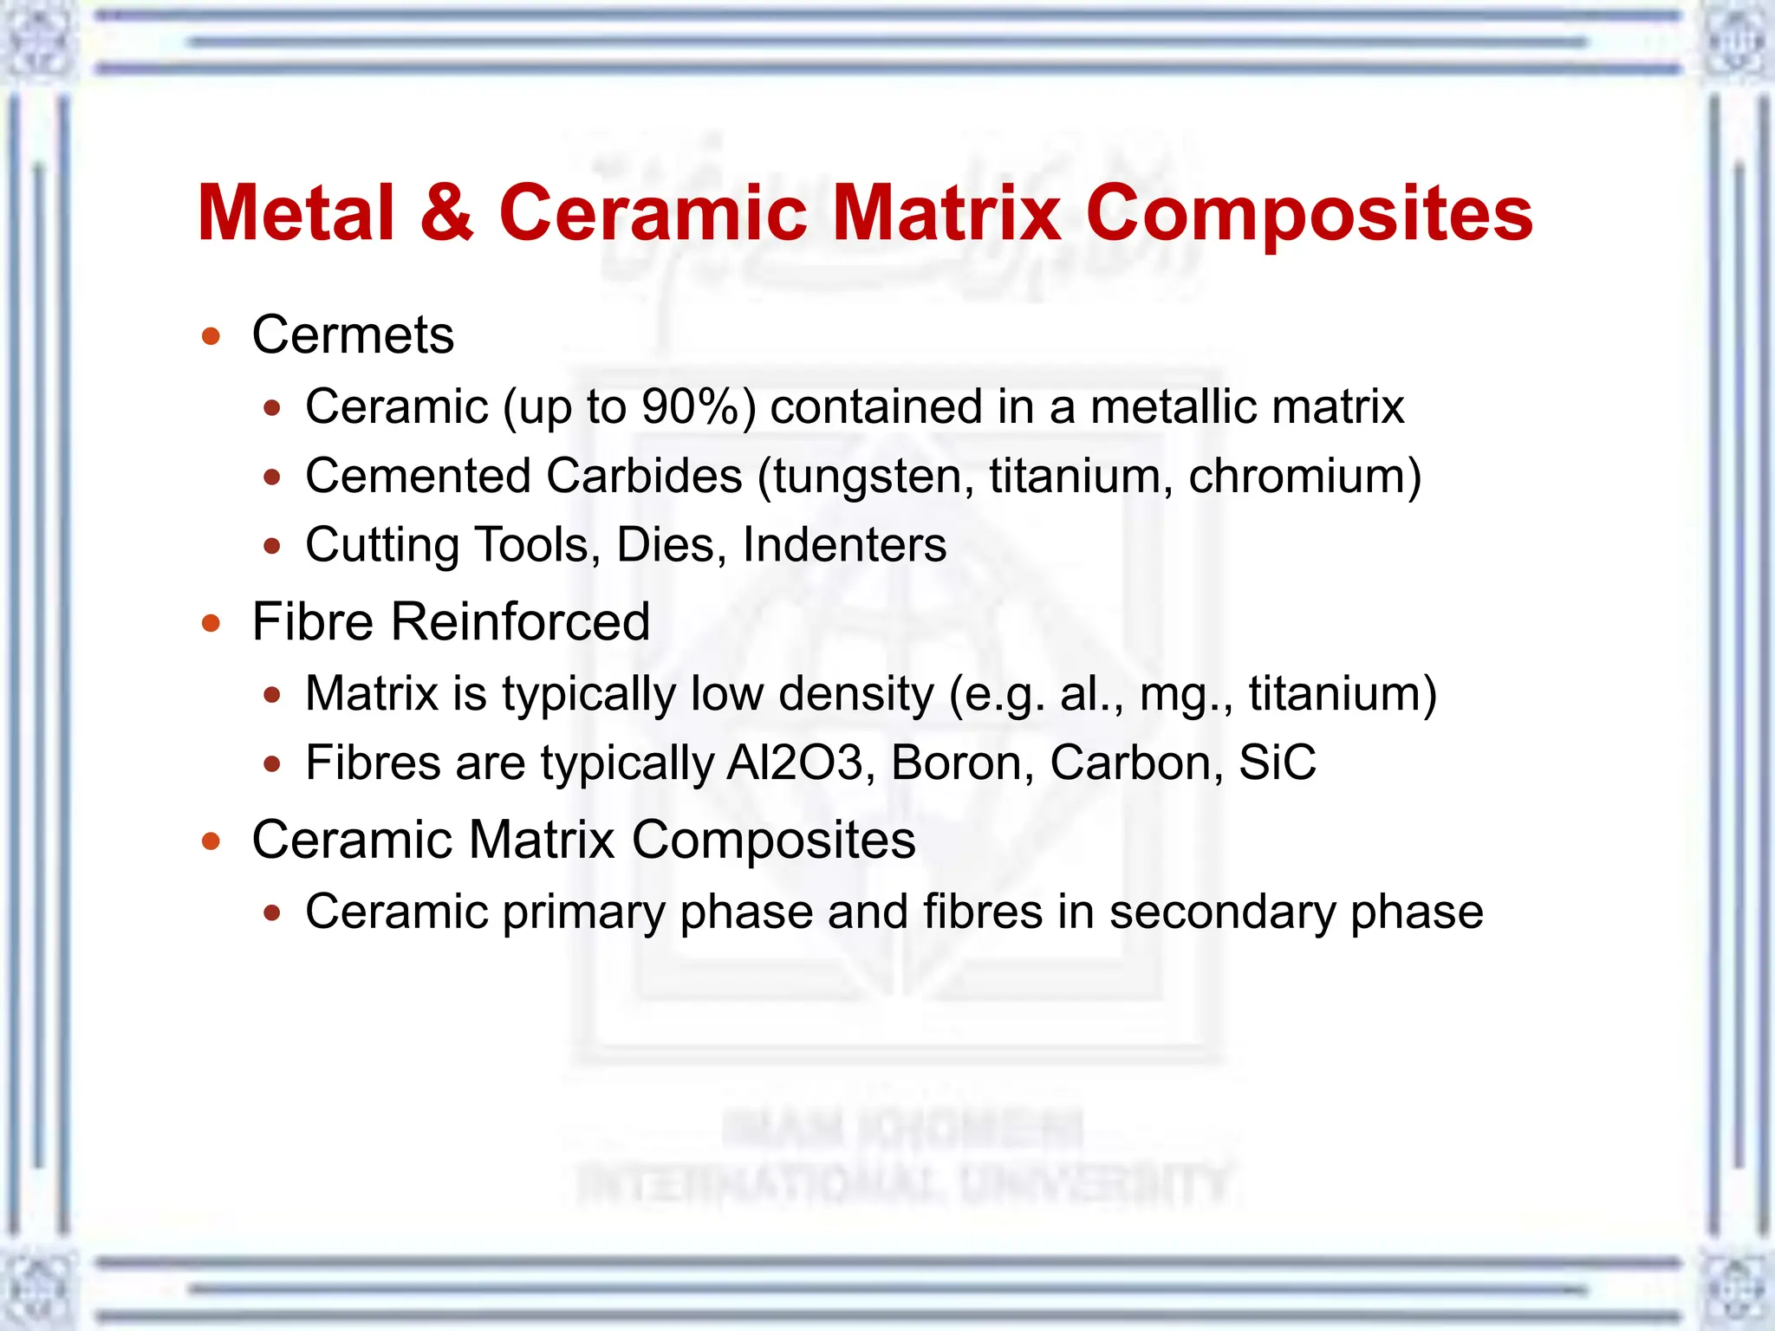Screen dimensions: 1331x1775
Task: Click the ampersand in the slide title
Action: (x=447, y=213)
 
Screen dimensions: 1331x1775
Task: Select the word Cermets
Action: (x=353, y=334)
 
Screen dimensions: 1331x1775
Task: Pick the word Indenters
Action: (x=844, y=545)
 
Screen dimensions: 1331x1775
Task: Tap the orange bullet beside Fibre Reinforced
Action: (x=211, y=622)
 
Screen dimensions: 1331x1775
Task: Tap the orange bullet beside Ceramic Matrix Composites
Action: (x=211, y=841)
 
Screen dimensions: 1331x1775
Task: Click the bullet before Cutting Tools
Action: (x=272, y=546)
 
